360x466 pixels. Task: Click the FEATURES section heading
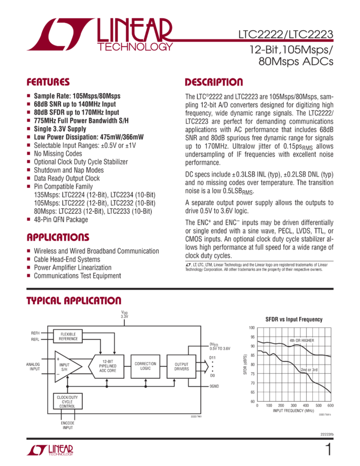pyautogui.click(x=48, y=83)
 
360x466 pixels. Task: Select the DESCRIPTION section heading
pyautogui.click(x=213, y=83)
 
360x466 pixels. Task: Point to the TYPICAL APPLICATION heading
pyautogui.click(x=75, y=301)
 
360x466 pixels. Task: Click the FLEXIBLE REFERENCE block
pyautogui.click(x=68, y=336)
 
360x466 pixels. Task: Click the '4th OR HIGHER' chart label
pyautogui.click(x=301, y=340)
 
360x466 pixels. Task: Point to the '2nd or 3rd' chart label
pyautogui.click(x=308, y=370)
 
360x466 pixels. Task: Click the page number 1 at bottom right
pyautogui.click(x=328, y=450)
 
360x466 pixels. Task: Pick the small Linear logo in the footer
pyautogui.click(x=49, y=450)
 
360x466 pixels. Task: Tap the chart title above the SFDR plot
pyautogui.click(x=294, y=319)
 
